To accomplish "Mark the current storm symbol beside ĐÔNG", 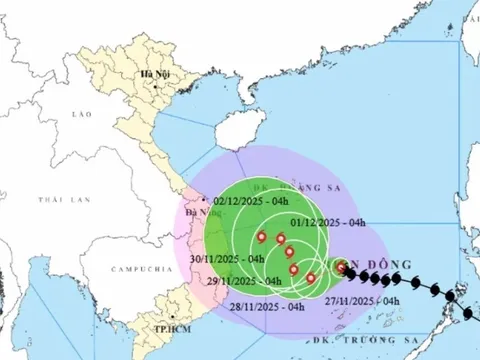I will point(342,267).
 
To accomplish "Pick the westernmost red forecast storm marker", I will point(261,238).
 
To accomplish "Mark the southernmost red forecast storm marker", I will point(310,278).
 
